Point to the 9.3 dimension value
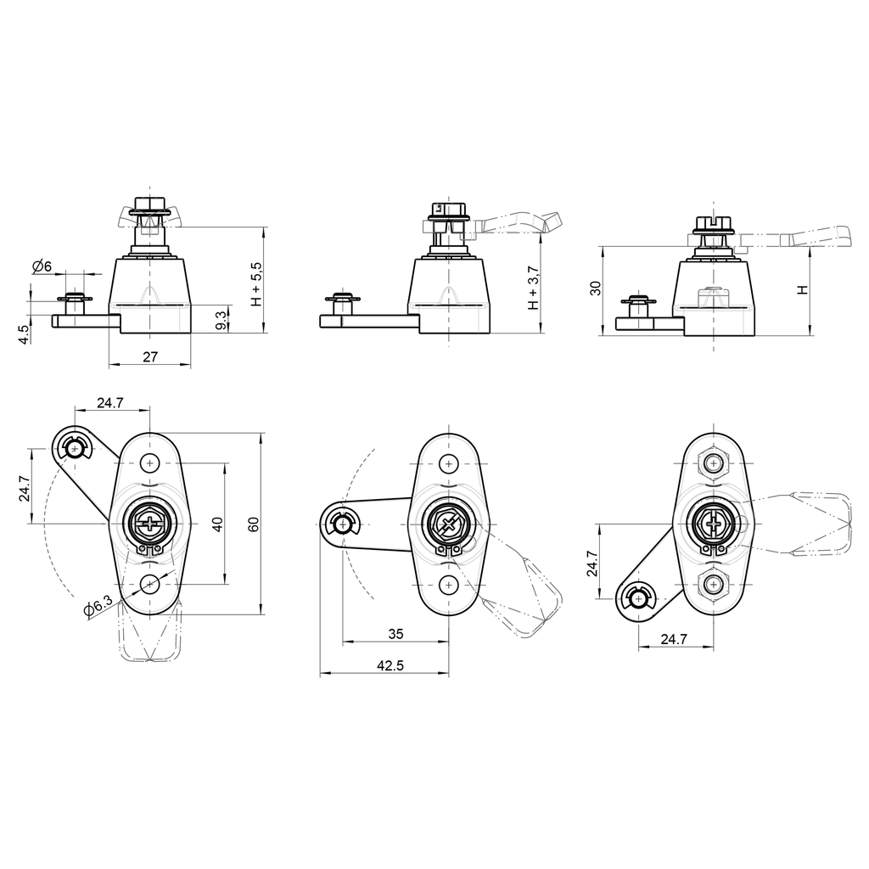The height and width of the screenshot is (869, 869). pyautogui.click(x=221, y=320)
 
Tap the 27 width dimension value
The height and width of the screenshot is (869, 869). pyautogui.click(x=149, y=357)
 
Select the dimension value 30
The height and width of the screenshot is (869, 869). pyautogui.click(x=596, y=288)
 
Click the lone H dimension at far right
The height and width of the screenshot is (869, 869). pyautogui.click(x=802, y=289)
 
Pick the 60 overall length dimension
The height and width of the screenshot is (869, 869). pyautogui.click(x=253, y=524)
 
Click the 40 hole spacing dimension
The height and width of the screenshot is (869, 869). pyautogui.click(x=217, y=524)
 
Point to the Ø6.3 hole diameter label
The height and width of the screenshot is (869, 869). pyautogui.click(x=98, y=607)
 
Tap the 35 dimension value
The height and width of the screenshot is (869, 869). pyautogui.click(x=395, y=633)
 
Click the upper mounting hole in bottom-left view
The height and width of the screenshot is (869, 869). pyautogui.click(x=150, y=463)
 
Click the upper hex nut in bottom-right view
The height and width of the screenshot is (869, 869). pyautogui.click(x=714, y=463)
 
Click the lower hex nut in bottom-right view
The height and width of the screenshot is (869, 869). pyautogui.click(x=714, y=585)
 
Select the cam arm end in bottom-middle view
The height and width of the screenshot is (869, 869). pyautogui.click(x=341, y=524)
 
